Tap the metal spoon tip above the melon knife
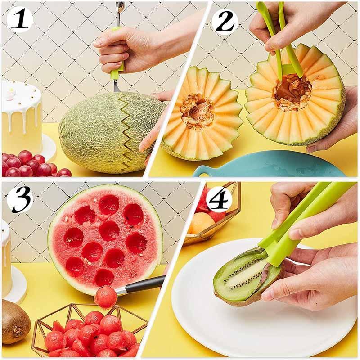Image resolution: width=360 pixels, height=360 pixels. tap(120, 7)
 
